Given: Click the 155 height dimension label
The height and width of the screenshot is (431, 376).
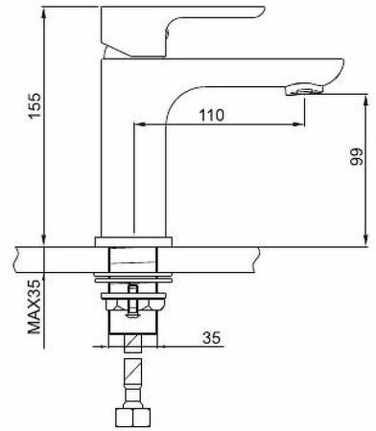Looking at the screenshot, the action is pyautogui.click(x=35, y=105).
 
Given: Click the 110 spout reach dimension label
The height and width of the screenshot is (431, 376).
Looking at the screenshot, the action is pyautogui.click(x=212, y=115).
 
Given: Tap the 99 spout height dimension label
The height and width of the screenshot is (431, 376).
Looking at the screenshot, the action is pyautogui.click(x=357, y=157).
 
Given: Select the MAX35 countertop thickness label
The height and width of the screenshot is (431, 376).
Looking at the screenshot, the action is pyautogui.click(x=35, y=306).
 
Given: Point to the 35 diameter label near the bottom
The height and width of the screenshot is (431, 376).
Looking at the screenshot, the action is pyautogui.click(x=212, y=338).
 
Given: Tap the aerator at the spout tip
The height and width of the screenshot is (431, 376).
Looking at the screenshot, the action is pyautogui.click(x=304, y=89).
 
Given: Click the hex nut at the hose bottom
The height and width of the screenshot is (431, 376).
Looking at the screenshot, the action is pyautogui.click(x=131, y=416).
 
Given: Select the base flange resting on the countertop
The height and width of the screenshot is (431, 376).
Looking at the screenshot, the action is pyautogui.click(x=133, y=241).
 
